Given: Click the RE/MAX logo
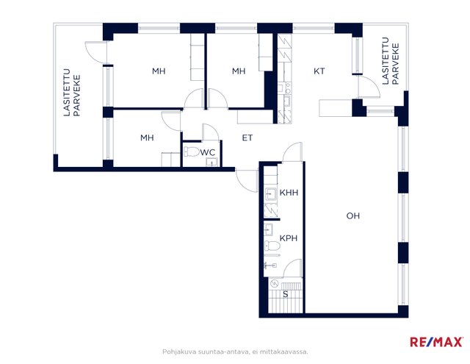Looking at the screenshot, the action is [436, 342].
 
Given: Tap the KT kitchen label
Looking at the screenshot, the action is [319, 71].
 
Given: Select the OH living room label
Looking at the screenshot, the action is [353, 215].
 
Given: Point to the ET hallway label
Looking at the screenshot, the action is [247, 138].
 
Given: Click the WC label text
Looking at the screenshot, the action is [207, 152].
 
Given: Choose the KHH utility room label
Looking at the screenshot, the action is [289, 193].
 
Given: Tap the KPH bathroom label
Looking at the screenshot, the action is [289, 238].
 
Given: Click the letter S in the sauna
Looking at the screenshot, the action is [286, 294].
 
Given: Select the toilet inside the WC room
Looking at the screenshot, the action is [191, 151].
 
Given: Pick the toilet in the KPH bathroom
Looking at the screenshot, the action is [272, 246].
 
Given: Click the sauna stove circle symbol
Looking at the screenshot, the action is [275, 283].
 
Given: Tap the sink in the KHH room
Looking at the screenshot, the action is [271, 194].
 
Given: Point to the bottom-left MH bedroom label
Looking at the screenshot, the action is [147, 138].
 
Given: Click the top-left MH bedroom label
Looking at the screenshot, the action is [159, 71].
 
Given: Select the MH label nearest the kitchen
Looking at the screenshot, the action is [239, 71].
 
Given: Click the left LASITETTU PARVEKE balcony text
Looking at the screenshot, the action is [72, 93].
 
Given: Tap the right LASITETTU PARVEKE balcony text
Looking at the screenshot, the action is [391, 61].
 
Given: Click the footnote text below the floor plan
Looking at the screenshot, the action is [235, 351].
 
